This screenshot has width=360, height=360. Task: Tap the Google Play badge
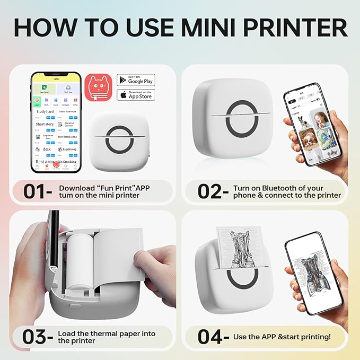(x=136, y=80)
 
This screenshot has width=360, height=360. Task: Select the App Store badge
(x=136, y=95)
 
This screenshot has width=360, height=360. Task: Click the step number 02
(x=213, y=191)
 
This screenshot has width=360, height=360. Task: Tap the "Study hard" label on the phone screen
(x=45, y=112)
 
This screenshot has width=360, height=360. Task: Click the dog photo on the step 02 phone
(x=307, y=140)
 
